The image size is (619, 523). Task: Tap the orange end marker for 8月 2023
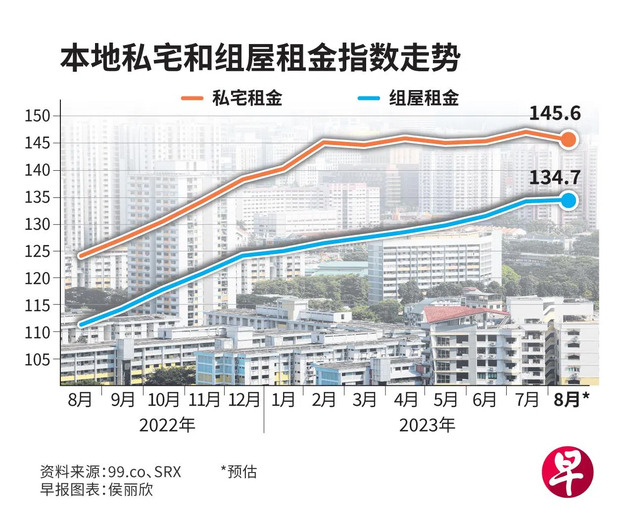pyautogui.click(x=569, y=140)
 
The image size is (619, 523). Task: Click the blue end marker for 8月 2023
pyautogui.click(x=569, y=200)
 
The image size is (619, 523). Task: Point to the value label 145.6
pyautogui.click(x=555, y=114)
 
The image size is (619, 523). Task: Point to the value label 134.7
pyautogui.click(x=555, y=177)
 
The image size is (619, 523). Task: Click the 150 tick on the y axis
pyautogui.click(x=38, y=116)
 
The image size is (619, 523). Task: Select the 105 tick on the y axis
pyautogui.click(x=38, y=360)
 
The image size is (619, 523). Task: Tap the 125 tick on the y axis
pyautogui.click(x=38, y=251)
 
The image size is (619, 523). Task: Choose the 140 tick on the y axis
pyautogui.click(x=38, y=170)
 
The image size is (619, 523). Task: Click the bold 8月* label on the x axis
pyautogui.click(x=571, y=399)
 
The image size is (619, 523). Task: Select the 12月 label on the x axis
pyautogui.click(x=244, y=399)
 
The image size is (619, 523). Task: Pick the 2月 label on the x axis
pyautogui.click(x=324, y=399)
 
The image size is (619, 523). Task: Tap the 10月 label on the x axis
pyautogui.click(x=163, y=399)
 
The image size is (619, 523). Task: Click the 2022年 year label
pyautogui.click(x=167, y=425)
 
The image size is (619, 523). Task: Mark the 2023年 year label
pyautogui.click(x=427, y=425)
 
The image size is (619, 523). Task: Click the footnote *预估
pyautogui.click(x=239, y=472)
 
